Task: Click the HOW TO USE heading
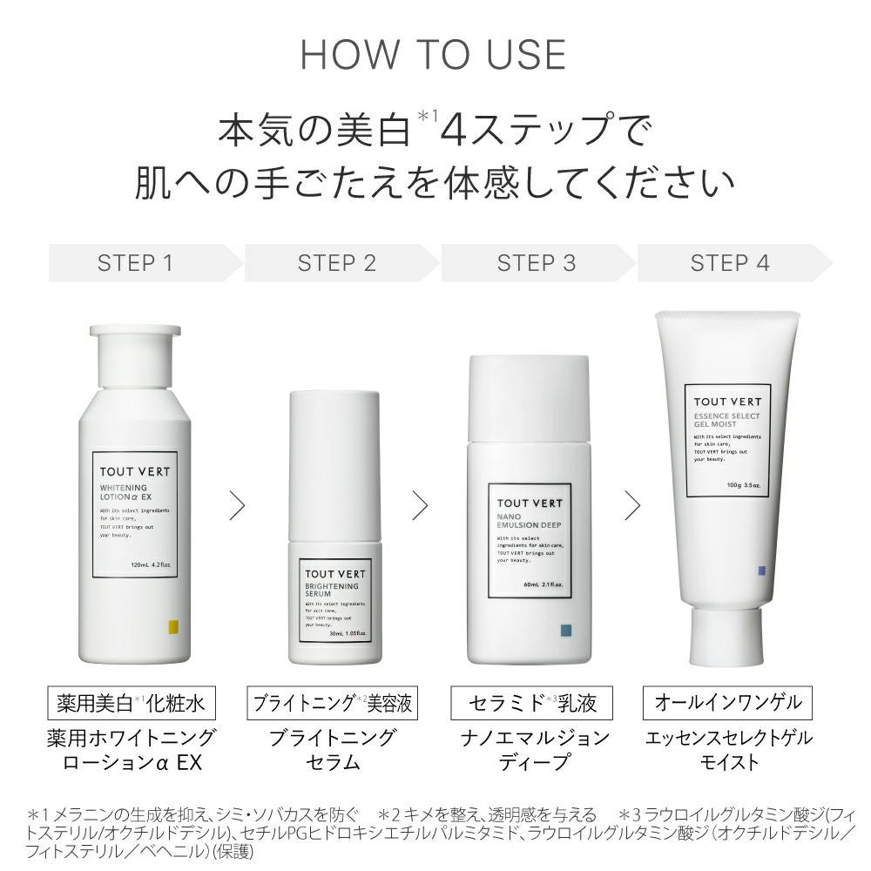pos(433,54)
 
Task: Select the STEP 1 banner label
pos(135,263)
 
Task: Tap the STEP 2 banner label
pos(337,263)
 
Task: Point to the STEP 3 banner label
pos(537,263)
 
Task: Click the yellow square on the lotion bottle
pos(172,626)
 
